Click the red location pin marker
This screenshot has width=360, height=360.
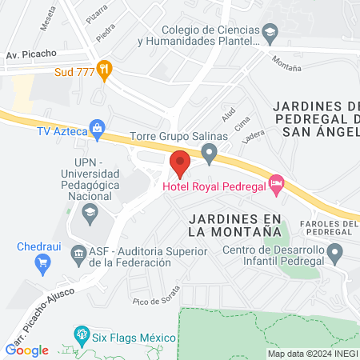click(x=180, y=162)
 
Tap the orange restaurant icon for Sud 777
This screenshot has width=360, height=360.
click(x=102, y=70)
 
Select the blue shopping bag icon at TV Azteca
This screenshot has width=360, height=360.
click(x=97, y=127)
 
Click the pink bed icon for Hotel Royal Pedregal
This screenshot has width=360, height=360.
click(x=277, y=185)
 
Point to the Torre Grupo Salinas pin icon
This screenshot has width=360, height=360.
click(x=210, y=152)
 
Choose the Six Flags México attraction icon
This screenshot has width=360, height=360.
click(x=80, y=334)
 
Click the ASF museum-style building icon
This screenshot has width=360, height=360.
click(x=78, y=255)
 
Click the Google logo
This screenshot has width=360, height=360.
click(x=27, y=350)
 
